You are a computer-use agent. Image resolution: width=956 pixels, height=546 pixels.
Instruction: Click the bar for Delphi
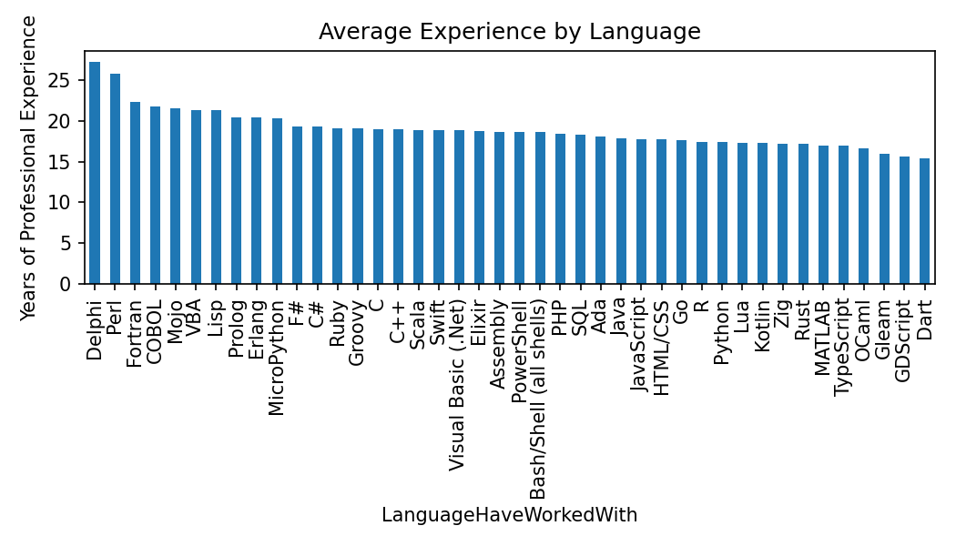click(x=95, y=173)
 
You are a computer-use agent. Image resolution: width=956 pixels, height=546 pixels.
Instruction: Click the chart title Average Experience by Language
click(x=509, y=32)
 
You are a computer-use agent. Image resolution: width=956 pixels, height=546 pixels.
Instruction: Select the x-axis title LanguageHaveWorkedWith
click(x=509, y=515)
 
